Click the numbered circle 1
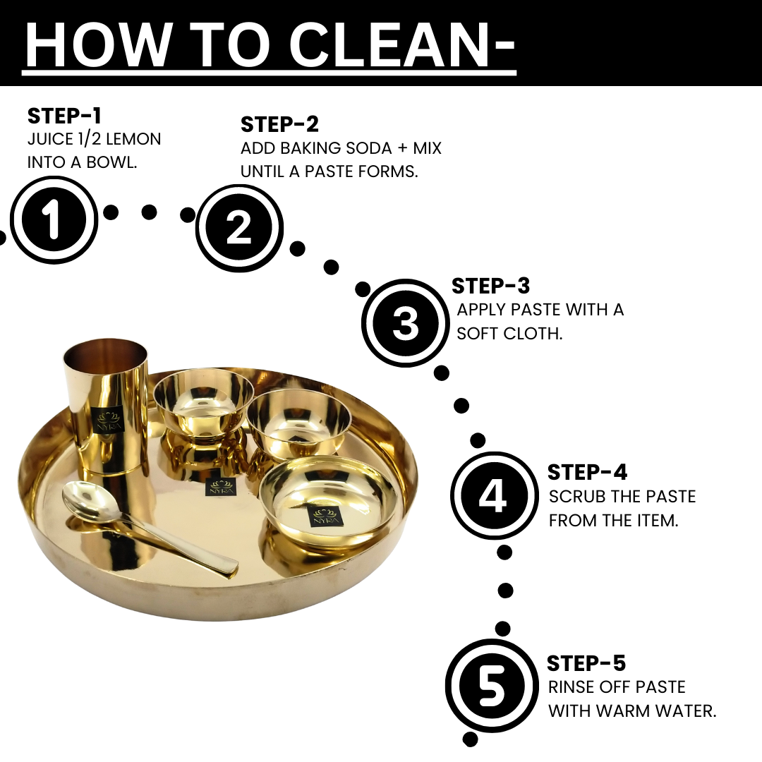(x=53, y=219)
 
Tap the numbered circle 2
(x=238, y=228)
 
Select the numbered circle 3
(x=406, y=324)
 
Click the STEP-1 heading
(x=64, y=116)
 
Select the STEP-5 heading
(x=586, y=664)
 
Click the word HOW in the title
(x=98, y=46)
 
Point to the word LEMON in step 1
(x=134, y=139)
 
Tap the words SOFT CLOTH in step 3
(x=509, y=333)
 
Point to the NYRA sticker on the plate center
(x=219, y=488)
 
